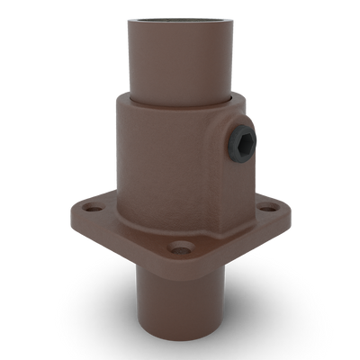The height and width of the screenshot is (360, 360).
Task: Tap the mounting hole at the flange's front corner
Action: (x=184, y=245)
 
